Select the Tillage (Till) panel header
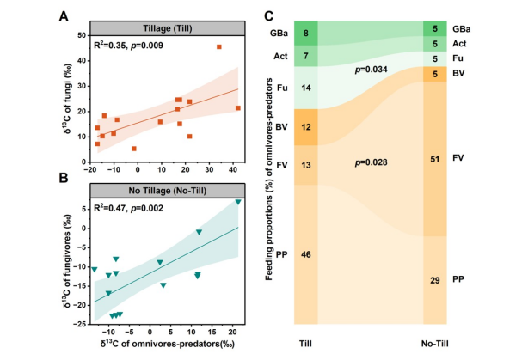(168, 23)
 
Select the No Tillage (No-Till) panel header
(168, 188)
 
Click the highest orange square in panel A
(218, 47)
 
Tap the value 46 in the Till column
(306, 254)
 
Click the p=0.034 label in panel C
(371, 70)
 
